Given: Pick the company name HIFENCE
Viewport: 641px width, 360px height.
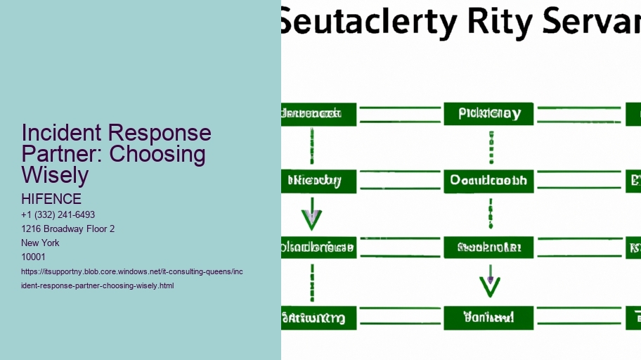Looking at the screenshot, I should pos(51,199).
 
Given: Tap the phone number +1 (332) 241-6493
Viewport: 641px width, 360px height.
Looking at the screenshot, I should pos(58,214).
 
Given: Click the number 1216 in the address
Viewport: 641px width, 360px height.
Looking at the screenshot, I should pos(33,229).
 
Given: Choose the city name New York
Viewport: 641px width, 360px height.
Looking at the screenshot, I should pos(40,243).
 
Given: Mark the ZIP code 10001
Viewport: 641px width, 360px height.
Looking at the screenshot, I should pos(33,257).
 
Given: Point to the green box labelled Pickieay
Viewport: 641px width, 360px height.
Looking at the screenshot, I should pos(488,114).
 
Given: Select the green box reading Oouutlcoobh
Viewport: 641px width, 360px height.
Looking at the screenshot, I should pos(488,181).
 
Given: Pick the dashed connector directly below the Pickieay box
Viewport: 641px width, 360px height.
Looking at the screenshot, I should pos(491,147).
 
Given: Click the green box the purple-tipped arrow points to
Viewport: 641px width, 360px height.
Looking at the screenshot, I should pos(488,317).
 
